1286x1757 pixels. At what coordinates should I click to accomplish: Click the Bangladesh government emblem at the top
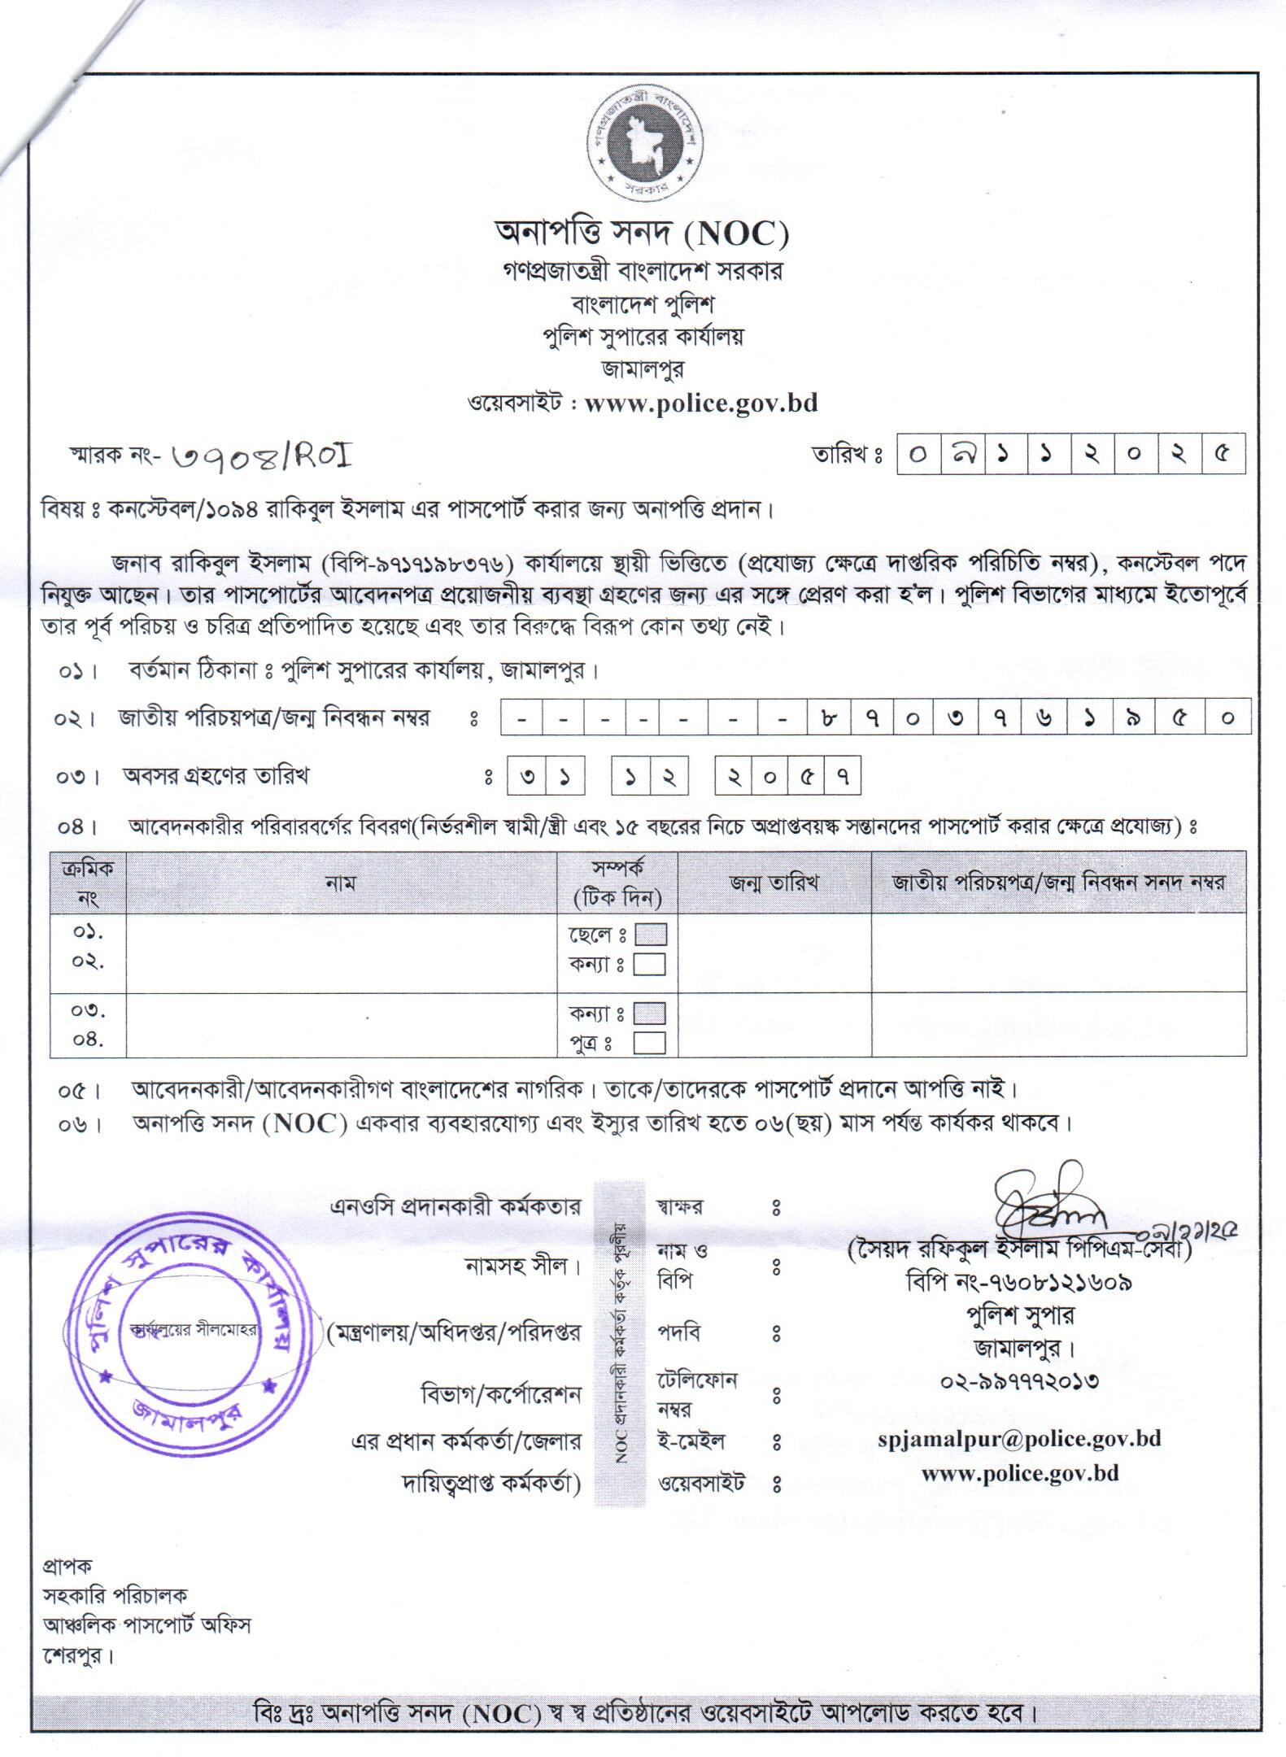pos(642,150)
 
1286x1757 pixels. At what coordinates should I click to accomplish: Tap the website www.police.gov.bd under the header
pos(700,403)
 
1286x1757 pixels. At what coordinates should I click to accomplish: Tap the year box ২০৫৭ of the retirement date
pos(787,776)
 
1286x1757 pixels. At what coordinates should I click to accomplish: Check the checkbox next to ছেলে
pos(650,935)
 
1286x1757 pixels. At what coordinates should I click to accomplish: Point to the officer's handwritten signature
pos(1049,1205)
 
